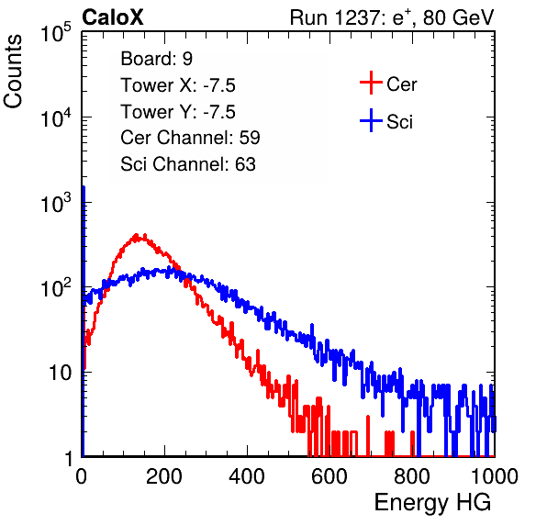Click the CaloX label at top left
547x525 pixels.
[x=113, y=17]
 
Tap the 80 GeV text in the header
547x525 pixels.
[x=458, y=17]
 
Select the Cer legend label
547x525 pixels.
[x=401, y=84]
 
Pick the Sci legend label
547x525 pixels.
[x=399, y=122]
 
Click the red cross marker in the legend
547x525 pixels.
[x=371, y=83]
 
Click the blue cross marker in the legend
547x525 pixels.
[x=371, y=120]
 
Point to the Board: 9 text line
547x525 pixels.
[x=156, y=59]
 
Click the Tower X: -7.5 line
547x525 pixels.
[x=178, y=85]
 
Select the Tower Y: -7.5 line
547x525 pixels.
[x=178, y=112]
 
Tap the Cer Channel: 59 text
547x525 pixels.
[x=190, y=138]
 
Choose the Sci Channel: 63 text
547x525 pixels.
[x=188, y=164]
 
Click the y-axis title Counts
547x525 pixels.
[x=13, y=72]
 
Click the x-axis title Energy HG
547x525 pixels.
[x=432, y=502]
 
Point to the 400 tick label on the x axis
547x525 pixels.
[x=247, y=476]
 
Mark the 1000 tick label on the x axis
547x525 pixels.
[x=495, y=476]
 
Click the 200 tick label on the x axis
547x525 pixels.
[x=164, y=476]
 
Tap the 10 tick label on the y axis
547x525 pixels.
[x=60, y=373]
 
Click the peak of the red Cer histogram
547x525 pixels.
[x=137, y=234]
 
